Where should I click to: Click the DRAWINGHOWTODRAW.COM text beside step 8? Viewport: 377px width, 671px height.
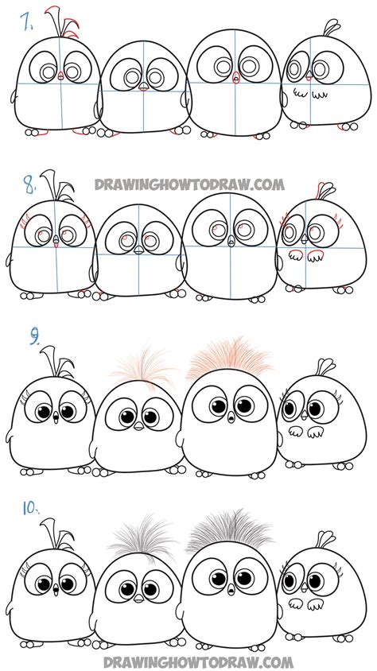pyautogui.click(x=189, y=184)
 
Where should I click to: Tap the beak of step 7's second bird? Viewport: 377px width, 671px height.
pyautogui.click(x=142, y=88)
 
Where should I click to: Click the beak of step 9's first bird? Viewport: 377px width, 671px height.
pyautogui.click(x=53, y=419)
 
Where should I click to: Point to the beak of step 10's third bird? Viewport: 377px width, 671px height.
pyautogui.click(x=231, y=588)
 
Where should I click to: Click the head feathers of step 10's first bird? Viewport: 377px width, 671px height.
pyautogui.click(x=60, y=533)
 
